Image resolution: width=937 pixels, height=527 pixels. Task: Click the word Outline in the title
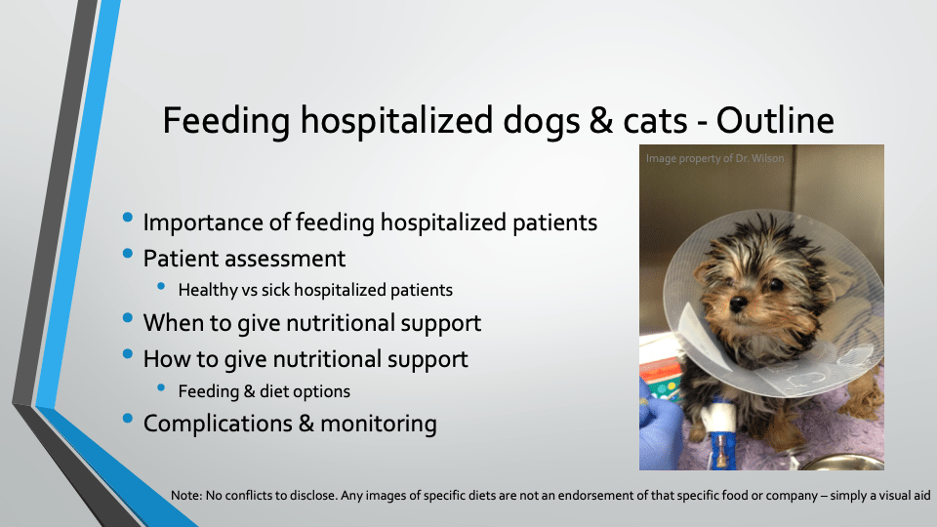click(x=775, y=120)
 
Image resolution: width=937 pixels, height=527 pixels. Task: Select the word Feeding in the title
click(x=225, y=122)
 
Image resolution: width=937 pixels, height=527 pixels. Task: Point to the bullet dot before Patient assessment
click(x=127, y=254)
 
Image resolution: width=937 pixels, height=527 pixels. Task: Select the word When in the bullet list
click(x=169, y=323)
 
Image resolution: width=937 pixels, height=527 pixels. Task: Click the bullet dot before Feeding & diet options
click(x=161, y=387)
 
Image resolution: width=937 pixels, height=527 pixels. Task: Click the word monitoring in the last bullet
click(x=379, y=425)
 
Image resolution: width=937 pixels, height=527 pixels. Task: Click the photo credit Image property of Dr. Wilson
click(x=714, y=158)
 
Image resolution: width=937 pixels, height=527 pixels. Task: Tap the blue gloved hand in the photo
click(x=659, y=423)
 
